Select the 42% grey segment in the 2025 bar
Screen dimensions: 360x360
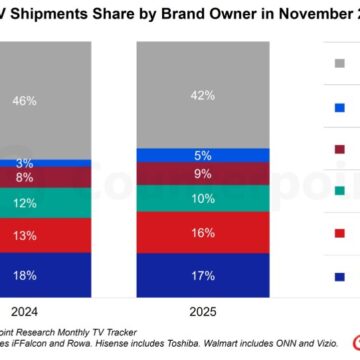point(204,95)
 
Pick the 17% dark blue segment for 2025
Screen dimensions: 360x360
point(204,272)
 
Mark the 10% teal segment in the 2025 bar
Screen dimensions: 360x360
point(204,198)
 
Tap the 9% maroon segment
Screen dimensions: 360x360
point(204,173)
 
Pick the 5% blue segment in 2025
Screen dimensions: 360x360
point(204,155)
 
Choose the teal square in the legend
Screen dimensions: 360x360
point(340,189)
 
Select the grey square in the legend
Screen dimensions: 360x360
point(340,63)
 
